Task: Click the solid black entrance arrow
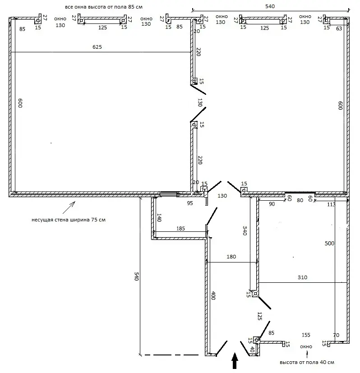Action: tap(235, 361)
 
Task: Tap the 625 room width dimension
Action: tap(97, 47)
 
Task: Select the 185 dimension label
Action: tap(180, 229)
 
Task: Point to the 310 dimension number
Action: tap(302, 277)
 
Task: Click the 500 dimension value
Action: tap(329, 244)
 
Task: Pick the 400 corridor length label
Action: tap(213, 295)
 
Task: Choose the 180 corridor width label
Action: tap(231, 257)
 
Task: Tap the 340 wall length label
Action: tap(245, 231)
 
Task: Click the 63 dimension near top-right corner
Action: tap(339, 28)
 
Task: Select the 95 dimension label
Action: tap(190, 203)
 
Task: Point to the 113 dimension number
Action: tap(331, 205)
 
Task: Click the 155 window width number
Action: tap(306, 335)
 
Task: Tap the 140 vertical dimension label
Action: tap(159, 218)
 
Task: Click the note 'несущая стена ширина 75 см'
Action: tap(69, 220)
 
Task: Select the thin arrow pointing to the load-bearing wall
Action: tap(69, 207)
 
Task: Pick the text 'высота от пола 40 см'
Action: tap(307, 362)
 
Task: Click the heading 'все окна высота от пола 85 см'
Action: tap(104, 7)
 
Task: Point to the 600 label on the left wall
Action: tap(20, 103)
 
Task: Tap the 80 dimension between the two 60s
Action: tap(300, 200)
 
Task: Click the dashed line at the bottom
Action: tap(171, 355)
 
